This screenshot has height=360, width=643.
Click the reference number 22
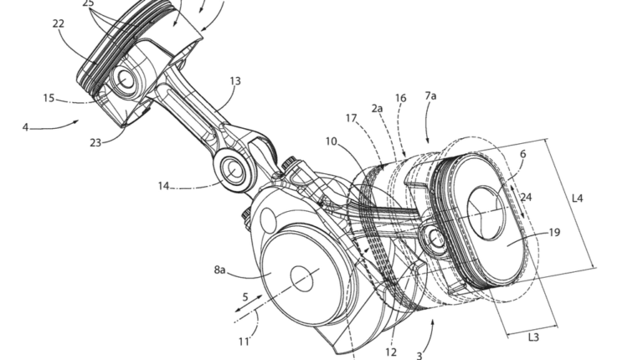[59, 23]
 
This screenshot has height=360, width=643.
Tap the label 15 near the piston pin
[49, 99]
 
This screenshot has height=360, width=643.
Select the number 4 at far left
[25, 127]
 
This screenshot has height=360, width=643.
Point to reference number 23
[95, 142]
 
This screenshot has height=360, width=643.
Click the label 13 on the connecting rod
[235, 81]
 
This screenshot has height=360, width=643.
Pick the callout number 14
[163, 186]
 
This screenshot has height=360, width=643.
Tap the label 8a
[220, 270]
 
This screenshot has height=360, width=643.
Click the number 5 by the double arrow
[245, 297]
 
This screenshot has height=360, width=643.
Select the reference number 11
[244, 341]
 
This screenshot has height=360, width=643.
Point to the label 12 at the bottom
[391, 352]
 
